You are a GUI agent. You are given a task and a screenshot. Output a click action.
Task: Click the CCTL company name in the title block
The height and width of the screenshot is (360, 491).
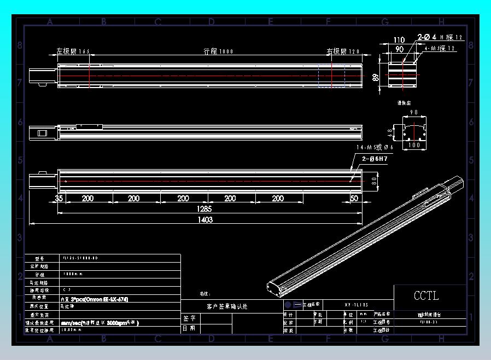[426, 296]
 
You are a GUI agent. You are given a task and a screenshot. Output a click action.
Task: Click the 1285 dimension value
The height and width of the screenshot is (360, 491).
[204, 208]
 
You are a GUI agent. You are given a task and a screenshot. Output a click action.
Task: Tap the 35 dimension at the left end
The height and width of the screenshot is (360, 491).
[59, 198]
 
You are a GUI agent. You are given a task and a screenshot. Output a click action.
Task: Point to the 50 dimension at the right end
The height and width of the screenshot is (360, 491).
[354, 198]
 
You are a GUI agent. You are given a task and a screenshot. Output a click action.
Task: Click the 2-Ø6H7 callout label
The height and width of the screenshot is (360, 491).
[375, 159]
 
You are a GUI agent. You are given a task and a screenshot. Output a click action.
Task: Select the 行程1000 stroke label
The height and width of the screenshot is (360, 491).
[218, 51]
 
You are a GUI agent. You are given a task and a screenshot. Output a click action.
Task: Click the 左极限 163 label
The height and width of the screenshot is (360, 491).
[73, 51]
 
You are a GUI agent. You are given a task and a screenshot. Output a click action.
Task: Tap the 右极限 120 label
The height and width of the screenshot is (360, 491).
[343, 51]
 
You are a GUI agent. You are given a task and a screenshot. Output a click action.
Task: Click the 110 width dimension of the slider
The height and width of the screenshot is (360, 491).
[399, 40]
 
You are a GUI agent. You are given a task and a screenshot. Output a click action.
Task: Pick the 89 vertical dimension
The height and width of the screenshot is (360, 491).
[376, 78]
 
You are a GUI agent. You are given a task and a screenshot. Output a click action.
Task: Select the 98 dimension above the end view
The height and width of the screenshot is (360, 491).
[413, 112]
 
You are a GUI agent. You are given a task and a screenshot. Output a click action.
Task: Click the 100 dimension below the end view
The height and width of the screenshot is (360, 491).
[414, 145]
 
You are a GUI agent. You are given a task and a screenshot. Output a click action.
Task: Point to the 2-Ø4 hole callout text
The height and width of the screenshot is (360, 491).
[427, 37]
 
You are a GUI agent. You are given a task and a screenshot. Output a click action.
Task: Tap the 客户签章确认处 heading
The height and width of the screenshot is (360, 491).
[227, 306]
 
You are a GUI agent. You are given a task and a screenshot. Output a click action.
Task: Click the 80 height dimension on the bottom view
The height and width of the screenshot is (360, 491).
[374, 179]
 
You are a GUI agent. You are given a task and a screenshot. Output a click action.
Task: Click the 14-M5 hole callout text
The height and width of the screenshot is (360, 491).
[375, 148]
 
